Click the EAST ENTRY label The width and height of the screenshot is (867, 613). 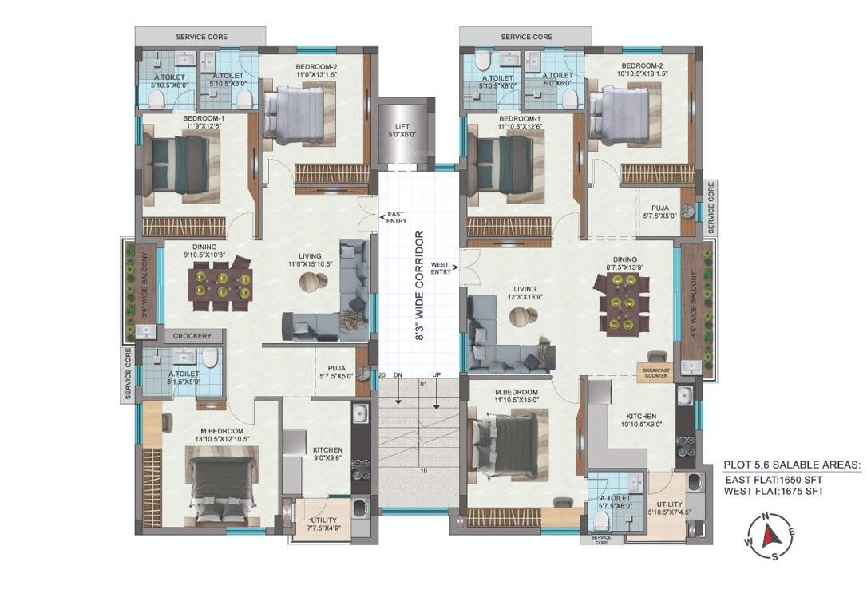click(397, 217)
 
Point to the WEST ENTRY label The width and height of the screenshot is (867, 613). click(440, 268)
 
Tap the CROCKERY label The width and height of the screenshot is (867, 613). click(192, 336)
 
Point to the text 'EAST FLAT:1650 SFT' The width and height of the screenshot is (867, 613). click(774, 480)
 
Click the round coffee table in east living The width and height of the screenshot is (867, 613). click(312, 281)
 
